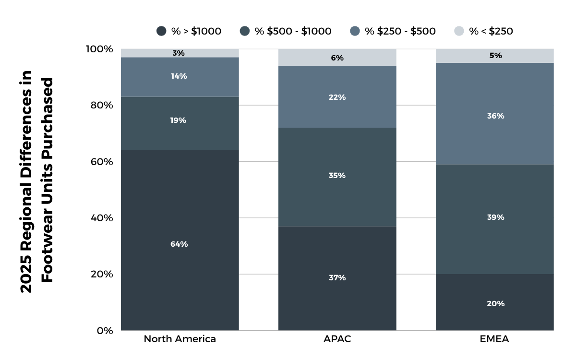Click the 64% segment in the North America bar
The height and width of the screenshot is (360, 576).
coord(179,244)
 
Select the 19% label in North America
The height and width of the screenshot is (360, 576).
coord(179,120)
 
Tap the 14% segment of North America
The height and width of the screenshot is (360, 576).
coord(179,76)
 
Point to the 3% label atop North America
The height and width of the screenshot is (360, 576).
coord(179,53)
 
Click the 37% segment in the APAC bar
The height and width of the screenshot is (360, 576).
coord(337,277)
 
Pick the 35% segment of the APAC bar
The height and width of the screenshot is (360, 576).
coord(337,176)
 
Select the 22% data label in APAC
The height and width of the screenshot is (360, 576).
coord(337,97)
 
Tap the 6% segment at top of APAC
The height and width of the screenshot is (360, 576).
coord(337,58)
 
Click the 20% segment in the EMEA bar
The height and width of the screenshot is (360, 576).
coord(495,303)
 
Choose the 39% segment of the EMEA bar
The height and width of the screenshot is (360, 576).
coord(495,217)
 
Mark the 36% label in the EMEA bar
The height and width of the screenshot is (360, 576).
coord(495,116)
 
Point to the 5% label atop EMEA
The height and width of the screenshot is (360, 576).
coord(495,56)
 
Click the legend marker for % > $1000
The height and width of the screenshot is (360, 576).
coord(162,31)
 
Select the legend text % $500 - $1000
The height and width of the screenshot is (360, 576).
coord(293,31)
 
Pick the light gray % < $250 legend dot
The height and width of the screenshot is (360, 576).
coord(459,31)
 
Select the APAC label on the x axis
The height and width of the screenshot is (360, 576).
coord(337,339)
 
